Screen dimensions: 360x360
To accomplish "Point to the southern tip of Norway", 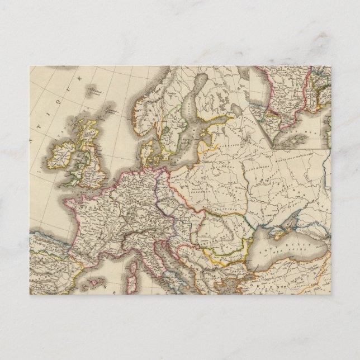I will tap(142, 126).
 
